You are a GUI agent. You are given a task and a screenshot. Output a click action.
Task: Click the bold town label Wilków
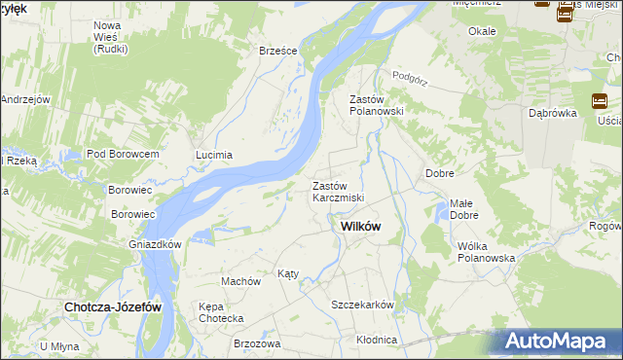point(360,226)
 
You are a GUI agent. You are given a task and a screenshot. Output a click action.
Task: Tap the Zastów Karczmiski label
point(338,192)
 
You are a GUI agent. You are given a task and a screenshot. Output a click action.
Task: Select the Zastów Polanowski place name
point(376,105)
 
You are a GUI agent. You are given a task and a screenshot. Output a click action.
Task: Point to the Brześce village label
point(276,51)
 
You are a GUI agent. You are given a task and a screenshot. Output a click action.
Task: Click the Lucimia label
point(214,155)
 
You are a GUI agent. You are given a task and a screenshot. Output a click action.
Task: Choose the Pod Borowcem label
point(123,155)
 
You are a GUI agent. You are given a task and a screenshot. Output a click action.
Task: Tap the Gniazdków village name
point(155,244)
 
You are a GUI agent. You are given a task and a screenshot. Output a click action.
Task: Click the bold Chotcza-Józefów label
point(113,306)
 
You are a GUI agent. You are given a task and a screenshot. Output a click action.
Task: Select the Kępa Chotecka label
point(221,312)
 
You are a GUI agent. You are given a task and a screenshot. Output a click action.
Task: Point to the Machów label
point(241,281)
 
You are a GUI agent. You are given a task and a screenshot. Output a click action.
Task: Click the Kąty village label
point(288,273)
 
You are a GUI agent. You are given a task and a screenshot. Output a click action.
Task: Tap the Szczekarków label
point(362,305)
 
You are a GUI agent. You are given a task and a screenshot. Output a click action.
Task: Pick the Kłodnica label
point(377,340)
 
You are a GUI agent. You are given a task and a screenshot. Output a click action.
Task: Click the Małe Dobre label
point(463,209)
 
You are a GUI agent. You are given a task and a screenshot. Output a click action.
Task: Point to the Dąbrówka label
point(553,113)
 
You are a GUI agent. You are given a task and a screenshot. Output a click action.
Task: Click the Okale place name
point(482,31)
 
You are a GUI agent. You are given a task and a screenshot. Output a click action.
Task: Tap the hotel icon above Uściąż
point(600,101)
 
